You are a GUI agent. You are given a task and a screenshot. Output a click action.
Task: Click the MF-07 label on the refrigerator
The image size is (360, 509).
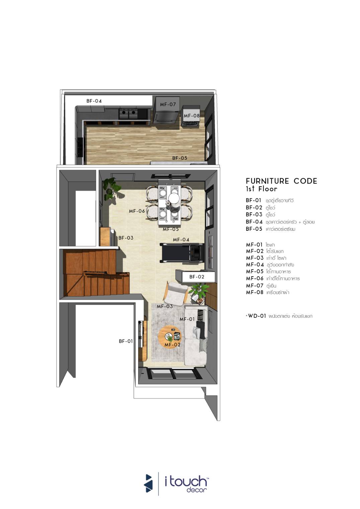[x=168, y=105]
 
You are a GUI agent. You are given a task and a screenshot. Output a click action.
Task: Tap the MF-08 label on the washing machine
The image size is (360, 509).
[x=192, y=116]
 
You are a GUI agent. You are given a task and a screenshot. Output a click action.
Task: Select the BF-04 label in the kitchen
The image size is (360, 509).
[x=94, y=101]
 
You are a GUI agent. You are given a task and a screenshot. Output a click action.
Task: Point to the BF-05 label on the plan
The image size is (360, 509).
[x=180, y=158]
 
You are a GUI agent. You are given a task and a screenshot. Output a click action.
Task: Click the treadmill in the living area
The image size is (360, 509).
[x=181, y=253]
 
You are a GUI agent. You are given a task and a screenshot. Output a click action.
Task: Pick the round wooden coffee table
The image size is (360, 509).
[x=170, y=337]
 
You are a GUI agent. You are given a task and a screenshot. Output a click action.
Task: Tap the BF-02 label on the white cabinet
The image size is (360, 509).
[x=197, y=277]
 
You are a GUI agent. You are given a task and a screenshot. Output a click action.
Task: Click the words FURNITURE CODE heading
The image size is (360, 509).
[x=281, y=181]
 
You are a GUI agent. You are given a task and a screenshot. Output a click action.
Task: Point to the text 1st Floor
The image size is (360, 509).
[x=262, y=189]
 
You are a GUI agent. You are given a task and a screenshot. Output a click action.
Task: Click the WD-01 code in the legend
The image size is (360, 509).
[x=257, y=316]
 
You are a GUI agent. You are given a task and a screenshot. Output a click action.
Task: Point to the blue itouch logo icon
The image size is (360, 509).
[x=148, y=483]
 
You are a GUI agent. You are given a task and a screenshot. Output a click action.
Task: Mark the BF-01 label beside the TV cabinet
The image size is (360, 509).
[x=126, y=341]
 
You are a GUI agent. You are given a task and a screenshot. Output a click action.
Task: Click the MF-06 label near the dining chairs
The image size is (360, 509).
[x=137, y=211]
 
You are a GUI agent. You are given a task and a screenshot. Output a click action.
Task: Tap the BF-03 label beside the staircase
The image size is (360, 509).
[x=126, y=238]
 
